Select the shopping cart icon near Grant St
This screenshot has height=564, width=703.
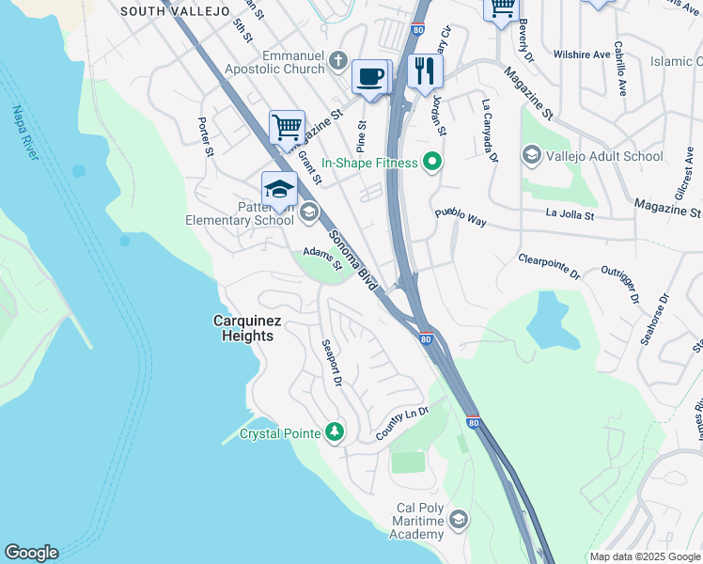287,127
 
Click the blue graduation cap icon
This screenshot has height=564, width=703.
279,189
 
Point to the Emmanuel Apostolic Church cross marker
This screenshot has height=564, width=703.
339,63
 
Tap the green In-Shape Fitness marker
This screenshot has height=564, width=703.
432,163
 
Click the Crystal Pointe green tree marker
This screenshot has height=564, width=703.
335,432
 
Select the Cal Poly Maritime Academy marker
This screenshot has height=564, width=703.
459,519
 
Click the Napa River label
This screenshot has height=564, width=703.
23,133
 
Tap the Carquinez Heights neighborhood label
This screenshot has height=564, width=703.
246,329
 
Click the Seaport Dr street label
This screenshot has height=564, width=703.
331,362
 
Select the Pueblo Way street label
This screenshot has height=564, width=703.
460,219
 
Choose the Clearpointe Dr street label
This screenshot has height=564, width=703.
549,266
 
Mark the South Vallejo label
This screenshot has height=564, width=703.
175,11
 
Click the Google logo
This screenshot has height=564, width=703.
31,553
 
